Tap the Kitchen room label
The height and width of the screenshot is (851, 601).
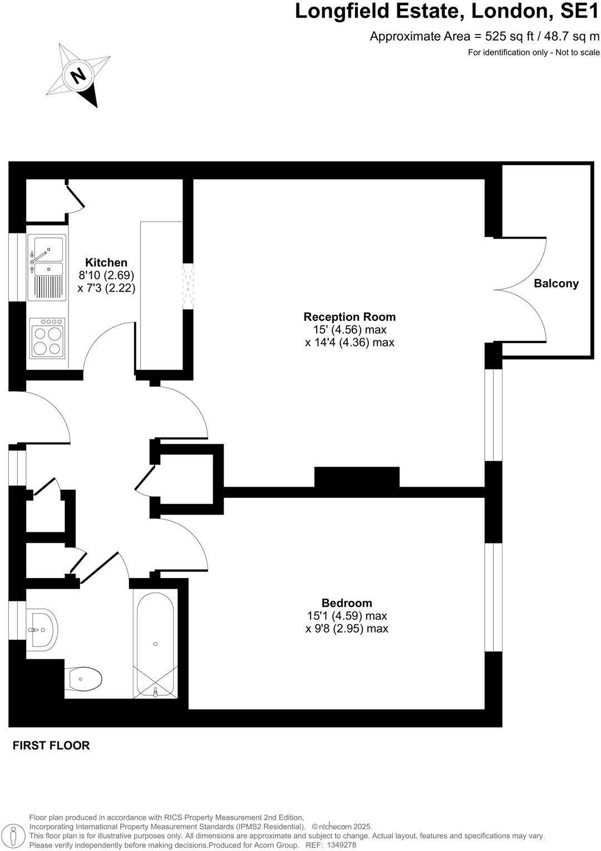(x=106, y=262)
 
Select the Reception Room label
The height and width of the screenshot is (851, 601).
(x=349, y=317)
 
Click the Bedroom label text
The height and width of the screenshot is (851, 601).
(x=347, y=603)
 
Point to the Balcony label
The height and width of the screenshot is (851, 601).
(x=556, y=283)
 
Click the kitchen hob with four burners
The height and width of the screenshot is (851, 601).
(x=47, y=338)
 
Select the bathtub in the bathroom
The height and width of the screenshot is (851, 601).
(x=156, y=645)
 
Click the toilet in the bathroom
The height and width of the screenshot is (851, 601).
(x=84, y=679)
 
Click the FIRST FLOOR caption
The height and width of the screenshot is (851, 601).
(x=51, y=745)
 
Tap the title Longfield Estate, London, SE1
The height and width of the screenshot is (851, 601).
(x=447, y=12)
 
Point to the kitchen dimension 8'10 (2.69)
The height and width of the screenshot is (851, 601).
(x=106, y=275)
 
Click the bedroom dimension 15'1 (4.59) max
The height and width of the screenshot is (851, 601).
(x=347, y=616)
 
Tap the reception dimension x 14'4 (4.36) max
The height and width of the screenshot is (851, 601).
(x=349, y=343)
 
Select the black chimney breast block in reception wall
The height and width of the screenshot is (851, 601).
(x=357, y=478)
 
